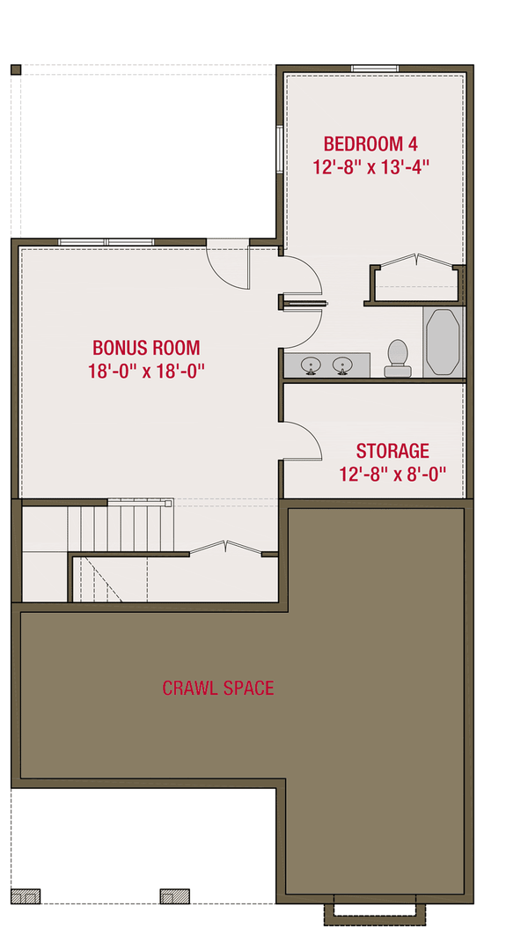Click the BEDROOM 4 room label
click(370, 144)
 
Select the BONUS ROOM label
click(146, 348)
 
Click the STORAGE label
click(392, 452)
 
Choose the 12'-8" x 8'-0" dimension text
click(392, 474)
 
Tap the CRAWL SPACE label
click(218, 688)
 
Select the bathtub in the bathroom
click(443, 343)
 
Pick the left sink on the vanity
click(311, 365)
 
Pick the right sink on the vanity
click(342, 365)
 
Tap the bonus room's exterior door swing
click(228, 264)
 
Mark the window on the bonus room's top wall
click(106, 241)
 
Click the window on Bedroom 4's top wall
click(375, 69)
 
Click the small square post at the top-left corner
click(15, 70)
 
